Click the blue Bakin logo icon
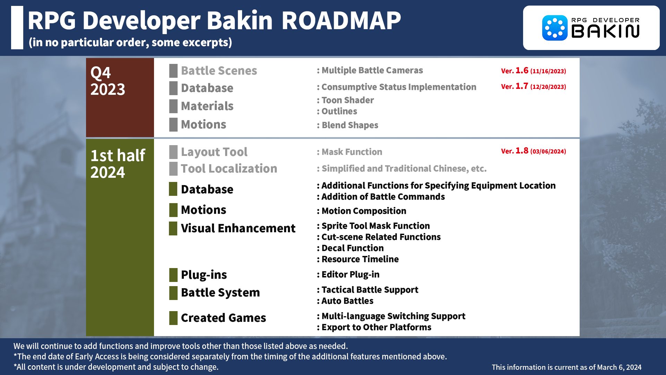pos(555,28)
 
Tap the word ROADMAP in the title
pos(341,21)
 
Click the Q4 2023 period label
pos(108,81)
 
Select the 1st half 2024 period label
pos(118,164)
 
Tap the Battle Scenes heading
pos(219,71)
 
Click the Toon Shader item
pos(347,100)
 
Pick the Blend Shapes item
pos(350,125)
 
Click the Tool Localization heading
pos(229,169)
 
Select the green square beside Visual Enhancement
pos(173,228)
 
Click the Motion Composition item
pos(364,211)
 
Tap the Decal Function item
pos(352,248)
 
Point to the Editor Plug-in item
pos(350,275)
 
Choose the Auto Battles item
pos(347,301)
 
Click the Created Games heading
pos(223,318)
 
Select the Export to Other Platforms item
pos(376,327)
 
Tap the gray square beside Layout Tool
pos(173,152)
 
